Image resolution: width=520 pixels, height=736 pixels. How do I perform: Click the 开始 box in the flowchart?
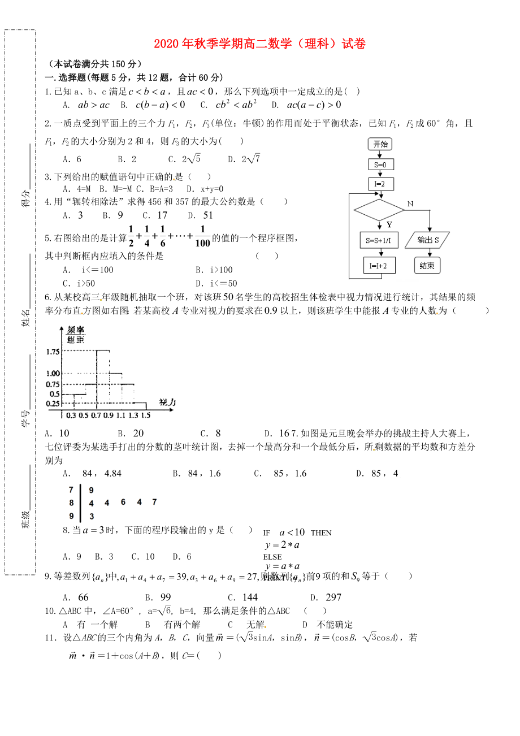point(380,144)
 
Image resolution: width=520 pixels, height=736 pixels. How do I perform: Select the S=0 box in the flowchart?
point(380,164)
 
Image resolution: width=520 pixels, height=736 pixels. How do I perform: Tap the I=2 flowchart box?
point(380,184)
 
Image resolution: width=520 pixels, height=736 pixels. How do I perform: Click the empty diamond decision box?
point(380,210)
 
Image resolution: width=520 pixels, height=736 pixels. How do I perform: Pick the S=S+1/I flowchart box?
point(379,240)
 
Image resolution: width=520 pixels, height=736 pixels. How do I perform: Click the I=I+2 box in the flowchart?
point(379,265)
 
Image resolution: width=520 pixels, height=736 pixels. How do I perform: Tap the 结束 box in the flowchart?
point(427,265)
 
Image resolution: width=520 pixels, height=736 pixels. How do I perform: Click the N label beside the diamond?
point(410,204)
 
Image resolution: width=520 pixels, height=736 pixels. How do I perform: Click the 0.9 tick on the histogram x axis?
point(108,415)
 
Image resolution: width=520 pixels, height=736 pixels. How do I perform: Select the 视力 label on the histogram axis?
point(168,402)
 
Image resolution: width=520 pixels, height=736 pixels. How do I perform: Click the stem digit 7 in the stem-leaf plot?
point(71,490)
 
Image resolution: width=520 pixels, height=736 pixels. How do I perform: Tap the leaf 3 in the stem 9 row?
point(92,516)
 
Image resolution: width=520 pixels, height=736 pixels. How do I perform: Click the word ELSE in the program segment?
point(272,557)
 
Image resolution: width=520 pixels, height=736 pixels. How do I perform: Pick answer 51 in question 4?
point(208,215)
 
